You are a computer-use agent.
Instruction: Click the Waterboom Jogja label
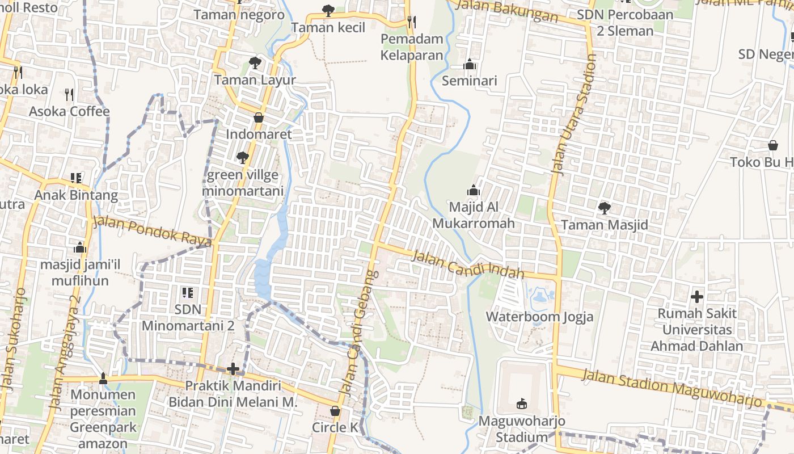click(539, 316)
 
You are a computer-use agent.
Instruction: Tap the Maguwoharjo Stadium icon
click(522, 403)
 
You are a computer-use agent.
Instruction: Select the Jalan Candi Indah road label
click(467, 264)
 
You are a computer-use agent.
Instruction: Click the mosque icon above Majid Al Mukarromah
click(474, 190)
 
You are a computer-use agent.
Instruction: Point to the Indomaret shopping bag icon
click(259, 117)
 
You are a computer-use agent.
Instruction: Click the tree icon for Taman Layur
click(255, 63)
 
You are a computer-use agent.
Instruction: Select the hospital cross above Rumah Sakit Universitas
click(696, 296)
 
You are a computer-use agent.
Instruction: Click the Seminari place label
click(469, 81)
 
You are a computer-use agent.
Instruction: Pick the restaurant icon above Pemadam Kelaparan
click(412, 22)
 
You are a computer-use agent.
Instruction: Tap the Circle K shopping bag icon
click(335, 410)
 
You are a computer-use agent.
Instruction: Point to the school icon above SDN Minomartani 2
click(188, 293)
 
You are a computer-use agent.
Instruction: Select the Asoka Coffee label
click(69, 111)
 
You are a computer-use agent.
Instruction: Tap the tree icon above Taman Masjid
click(605, 208)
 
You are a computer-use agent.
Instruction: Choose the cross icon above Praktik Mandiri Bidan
click(233, 369)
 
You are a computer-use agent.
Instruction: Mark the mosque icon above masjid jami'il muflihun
click(80, 247)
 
